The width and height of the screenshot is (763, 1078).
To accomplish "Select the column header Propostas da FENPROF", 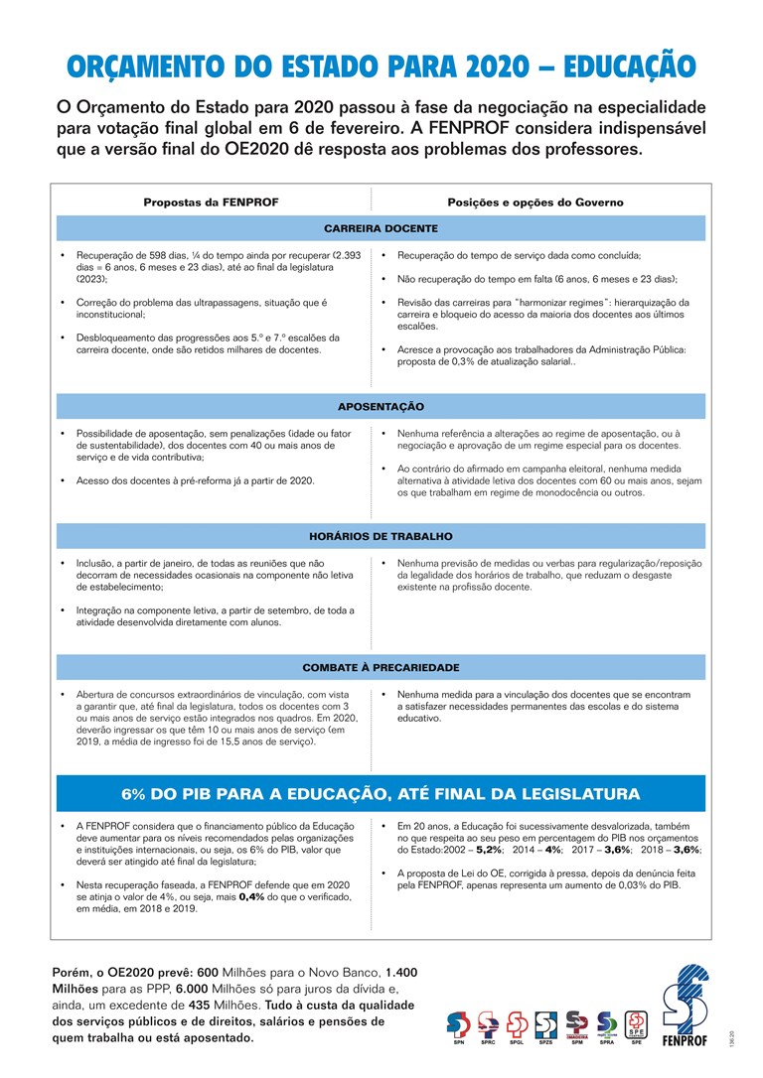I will (211, 202).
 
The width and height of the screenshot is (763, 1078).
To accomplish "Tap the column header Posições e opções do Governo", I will (535, 202).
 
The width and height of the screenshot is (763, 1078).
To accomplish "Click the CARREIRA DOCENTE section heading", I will (381, 228).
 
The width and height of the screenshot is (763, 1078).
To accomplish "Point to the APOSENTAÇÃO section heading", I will (381, 407).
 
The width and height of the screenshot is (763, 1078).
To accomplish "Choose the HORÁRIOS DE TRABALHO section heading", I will (381, 536).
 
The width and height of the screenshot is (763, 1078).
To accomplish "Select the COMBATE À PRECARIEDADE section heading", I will (381, 667).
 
